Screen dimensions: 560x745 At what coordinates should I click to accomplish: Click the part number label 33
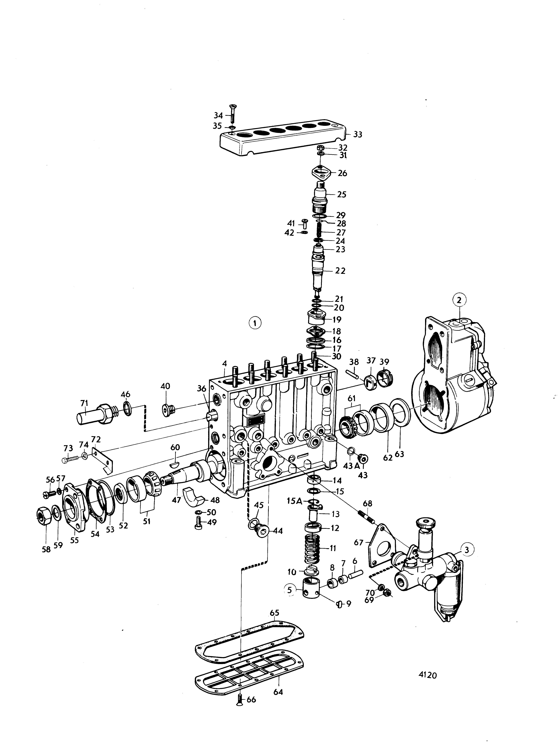(357, 134)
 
